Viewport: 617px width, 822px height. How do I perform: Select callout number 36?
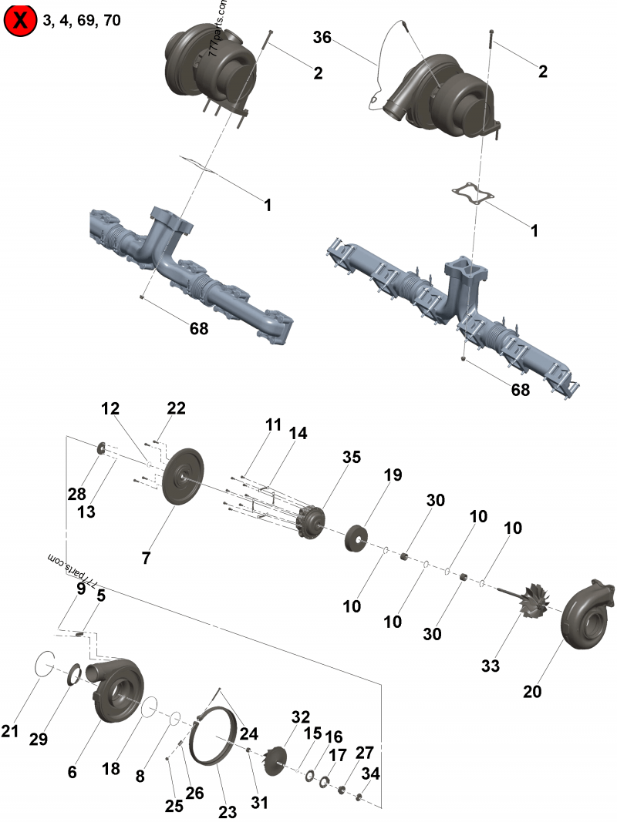click(x=322, y=38)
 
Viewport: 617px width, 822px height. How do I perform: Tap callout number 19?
click(x=393, y=475)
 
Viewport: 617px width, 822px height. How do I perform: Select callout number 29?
click(x=39, y=739)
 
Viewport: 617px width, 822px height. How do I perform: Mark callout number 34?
click(x=370, y=773)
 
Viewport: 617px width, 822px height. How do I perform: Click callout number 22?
click(x=177, y=409)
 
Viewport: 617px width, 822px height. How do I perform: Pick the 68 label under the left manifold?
click(x=199, y=328)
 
